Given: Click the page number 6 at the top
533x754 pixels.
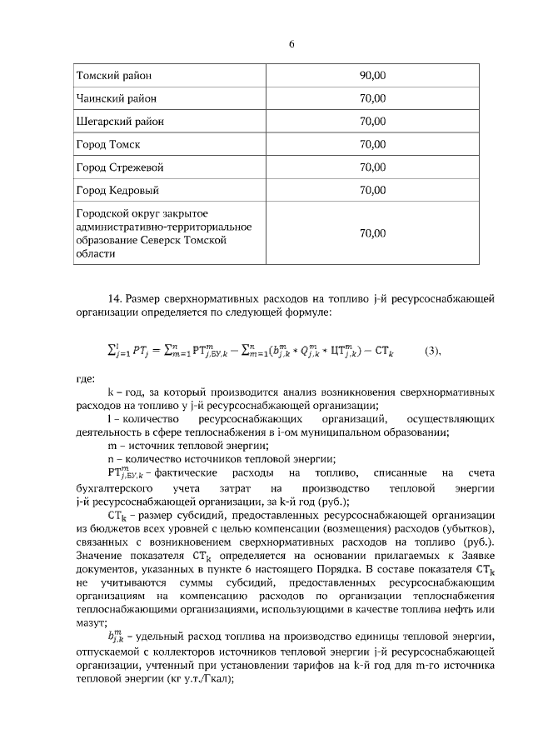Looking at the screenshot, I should (x=291, y=44).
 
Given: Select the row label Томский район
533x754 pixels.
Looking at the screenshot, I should (x=114, y=76).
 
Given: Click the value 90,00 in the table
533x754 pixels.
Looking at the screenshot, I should (x=372, y=76).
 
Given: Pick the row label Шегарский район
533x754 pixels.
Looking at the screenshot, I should (x=120, y=122).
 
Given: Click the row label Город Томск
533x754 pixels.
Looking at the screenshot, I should (x=107, y=144).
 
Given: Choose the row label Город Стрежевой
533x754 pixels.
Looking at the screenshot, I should (x=120, y=167).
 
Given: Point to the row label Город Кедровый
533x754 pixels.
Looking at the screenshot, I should (x=117, y=190).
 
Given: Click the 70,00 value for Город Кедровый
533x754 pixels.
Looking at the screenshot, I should (x=372, y=190).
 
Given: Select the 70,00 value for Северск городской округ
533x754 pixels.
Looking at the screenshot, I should (x=372, y=233).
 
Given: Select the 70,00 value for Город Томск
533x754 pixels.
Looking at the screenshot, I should (x=372, y=144).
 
